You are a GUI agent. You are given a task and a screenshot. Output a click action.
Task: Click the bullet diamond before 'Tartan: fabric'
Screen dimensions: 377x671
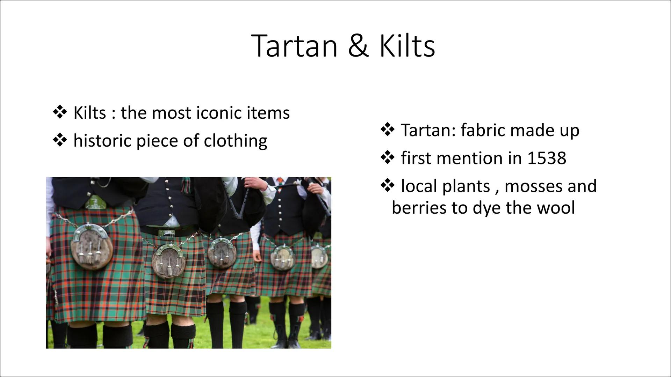387,130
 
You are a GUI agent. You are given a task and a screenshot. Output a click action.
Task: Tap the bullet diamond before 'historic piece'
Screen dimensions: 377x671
60,141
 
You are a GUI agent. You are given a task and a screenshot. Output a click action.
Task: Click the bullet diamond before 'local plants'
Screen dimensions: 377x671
387,186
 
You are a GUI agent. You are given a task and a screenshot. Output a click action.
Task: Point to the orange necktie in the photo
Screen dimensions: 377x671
280,182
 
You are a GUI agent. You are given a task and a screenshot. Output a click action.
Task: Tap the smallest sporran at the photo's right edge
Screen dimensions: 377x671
319,257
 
